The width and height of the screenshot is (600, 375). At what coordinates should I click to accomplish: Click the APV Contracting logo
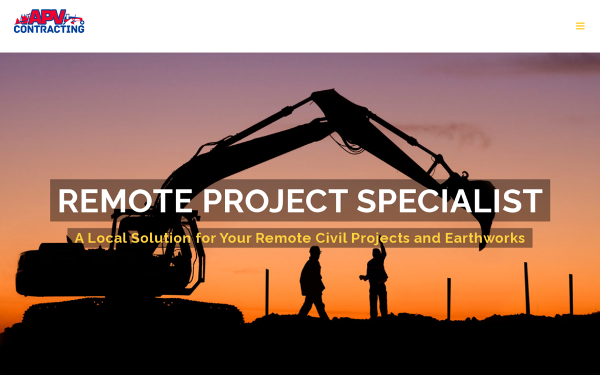[49, 21]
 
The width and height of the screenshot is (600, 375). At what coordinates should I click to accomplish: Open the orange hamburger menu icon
[580, 26]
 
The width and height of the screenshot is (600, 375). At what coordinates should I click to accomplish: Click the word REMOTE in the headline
[125, 201]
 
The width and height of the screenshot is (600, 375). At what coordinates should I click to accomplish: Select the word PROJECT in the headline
[275, 201]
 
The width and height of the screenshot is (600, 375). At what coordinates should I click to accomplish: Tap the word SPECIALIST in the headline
[449, 201]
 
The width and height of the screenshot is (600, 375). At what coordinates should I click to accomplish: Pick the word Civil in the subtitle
[330, 238]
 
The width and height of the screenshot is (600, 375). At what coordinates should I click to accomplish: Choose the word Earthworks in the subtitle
[485, 238]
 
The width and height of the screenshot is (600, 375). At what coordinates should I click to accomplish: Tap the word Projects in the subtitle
[380, 238]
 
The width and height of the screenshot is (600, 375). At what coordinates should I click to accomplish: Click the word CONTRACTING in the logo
[49, 28]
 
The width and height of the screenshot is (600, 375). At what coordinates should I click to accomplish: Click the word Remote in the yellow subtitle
[283, 238]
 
